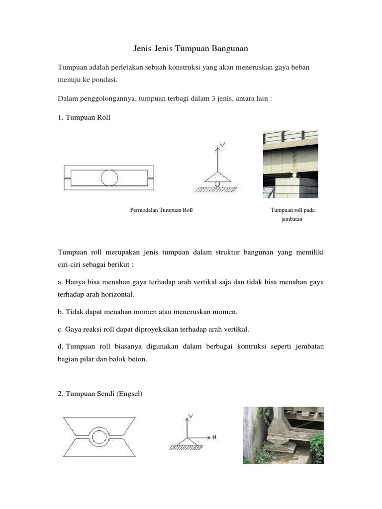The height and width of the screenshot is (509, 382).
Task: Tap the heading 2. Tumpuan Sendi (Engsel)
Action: point(100,394)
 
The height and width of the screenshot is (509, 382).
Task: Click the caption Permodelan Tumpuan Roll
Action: point(161,210)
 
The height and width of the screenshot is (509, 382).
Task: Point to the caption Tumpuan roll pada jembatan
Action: point(292,214)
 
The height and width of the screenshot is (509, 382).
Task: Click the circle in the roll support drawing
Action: point(109,177)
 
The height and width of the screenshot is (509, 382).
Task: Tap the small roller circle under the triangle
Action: point(217,184)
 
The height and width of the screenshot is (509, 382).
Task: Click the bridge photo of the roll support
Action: point(290,164)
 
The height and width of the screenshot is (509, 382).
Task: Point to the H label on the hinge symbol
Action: point(214,437)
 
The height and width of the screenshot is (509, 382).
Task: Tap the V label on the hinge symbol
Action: point(191,415)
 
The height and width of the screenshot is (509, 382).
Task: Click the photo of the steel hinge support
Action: point(283,435)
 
